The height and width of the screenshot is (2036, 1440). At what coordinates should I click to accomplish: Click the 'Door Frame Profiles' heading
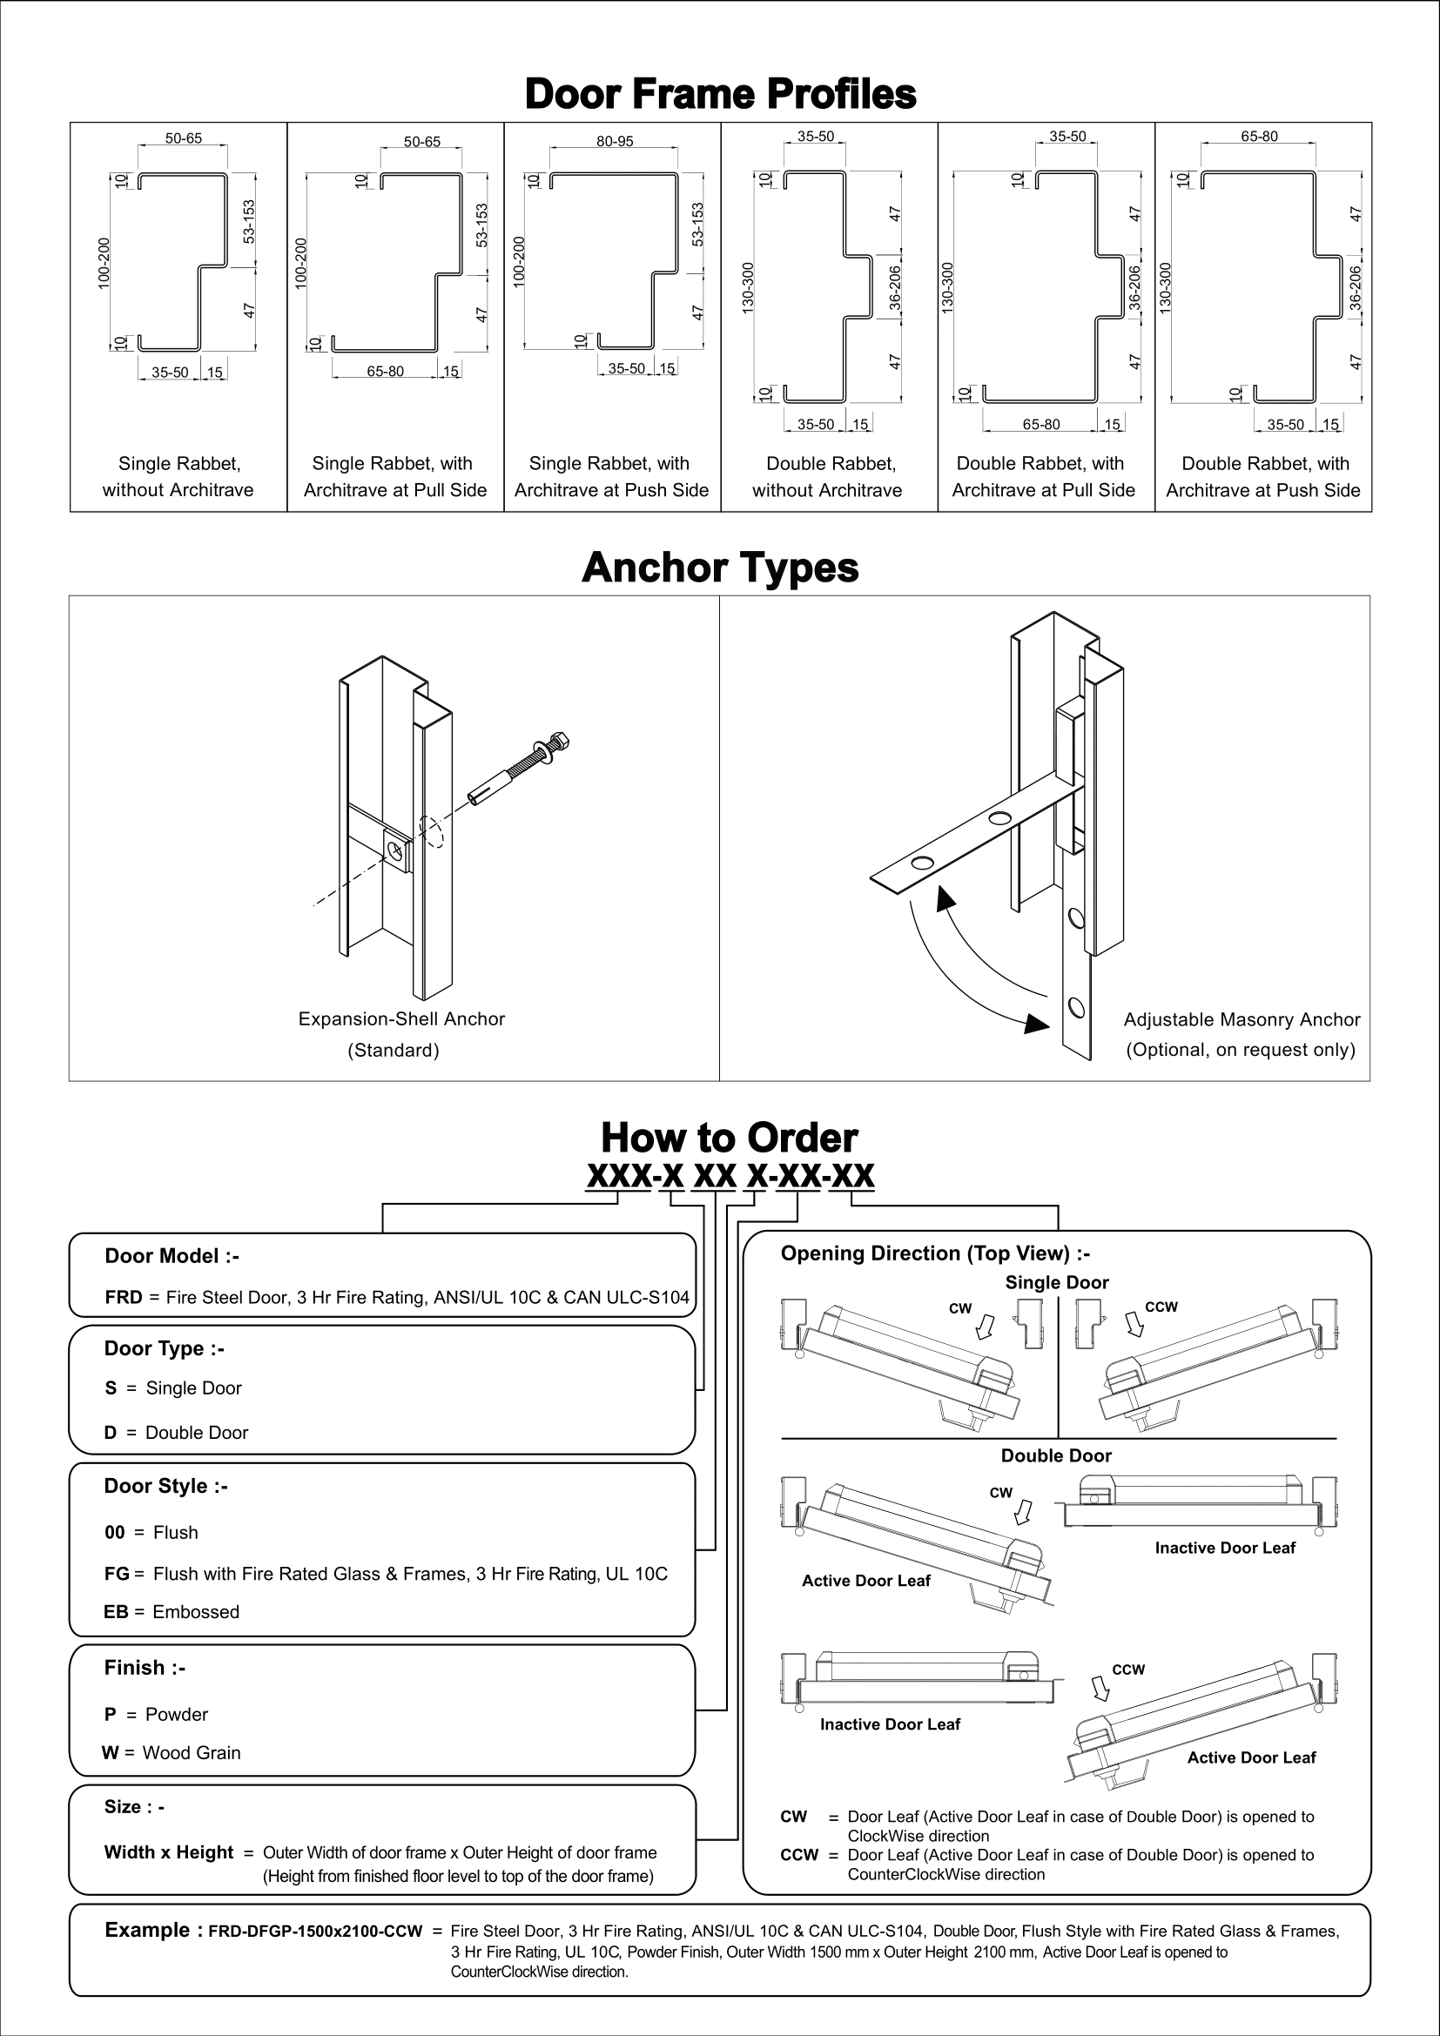pyautogui.click(x=720, y=93)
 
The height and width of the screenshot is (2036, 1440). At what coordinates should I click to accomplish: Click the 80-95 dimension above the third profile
pyautogui.click(x=615, y=141)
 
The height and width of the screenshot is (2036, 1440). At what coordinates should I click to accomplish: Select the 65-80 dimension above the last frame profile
pyautogui.click(x=1259, y=137)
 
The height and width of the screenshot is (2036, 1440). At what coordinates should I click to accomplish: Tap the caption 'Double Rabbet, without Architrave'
pyautogui.click(x=829, y=476)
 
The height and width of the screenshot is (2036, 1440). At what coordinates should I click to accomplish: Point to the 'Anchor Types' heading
pyautogui.click(x=720, y=568)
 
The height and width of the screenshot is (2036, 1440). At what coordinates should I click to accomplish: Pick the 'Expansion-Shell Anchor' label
pyautogui.click(x=400, y=1019)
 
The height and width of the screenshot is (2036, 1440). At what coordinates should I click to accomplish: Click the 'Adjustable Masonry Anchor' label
pyautogui.click(x=1241, y=1020)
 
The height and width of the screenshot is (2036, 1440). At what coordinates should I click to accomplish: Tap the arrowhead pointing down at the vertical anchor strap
pyautogui.click(x=1036, y=1024)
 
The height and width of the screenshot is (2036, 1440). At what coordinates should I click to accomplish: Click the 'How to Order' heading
pyautogui.click(x=729, y=1138)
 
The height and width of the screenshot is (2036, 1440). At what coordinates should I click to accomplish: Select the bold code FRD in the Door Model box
pyautogui.click(x=124, y=1297)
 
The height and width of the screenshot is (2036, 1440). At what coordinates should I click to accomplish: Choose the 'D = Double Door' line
pyautogui.click(x=177, y=1432)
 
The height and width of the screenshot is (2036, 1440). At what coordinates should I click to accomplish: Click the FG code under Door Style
pyautogui.click(x=116, y=1574)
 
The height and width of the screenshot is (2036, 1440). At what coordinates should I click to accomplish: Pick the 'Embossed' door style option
pyautogui.click(x=195, y=1612)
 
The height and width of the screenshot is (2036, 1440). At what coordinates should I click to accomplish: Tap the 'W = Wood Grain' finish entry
pyautogui.click(x=172, y=1752)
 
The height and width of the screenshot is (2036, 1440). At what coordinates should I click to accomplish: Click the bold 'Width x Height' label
pyautogui.click(x=169, y=1852)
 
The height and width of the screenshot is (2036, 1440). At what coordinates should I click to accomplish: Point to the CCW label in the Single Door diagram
pyautogui.click(x=1161, y=1307)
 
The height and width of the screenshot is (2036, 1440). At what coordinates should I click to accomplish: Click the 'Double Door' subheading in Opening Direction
pyautogui.click(x=1056, y=1455)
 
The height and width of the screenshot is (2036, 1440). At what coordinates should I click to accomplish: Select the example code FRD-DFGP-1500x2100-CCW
pyautogui.click(x=315, y=1932)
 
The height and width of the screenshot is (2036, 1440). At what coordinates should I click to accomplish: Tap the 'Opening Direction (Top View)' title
pyautogui.click(x=934, y=1253)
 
